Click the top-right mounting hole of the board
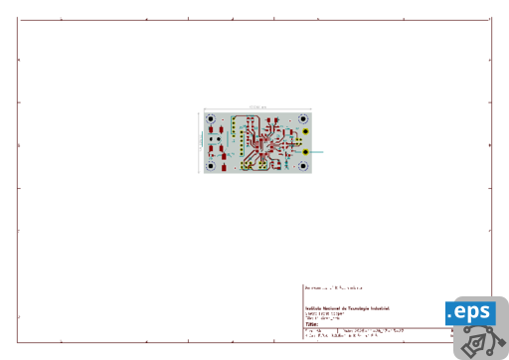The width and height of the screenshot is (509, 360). [303, 119]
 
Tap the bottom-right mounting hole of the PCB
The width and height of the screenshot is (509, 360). [303, 165]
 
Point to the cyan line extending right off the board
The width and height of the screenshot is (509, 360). [318, 151]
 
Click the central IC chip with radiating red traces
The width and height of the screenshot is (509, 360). [260, 143]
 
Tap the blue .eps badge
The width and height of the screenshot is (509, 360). [470, 312]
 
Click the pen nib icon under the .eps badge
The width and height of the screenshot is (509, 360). [481, 341]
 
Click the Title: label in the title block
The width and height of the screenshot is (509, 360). [312, 324]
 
